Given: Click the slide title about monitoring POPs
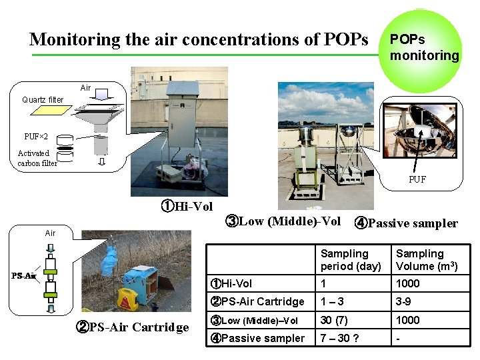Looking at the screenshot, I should (198, 39).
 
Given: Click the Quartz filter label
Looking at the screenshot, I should (43, 100).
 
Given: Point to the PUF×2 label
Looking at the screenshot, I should (36, 137).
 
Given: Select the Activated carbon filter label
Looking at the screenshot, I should (37, 158).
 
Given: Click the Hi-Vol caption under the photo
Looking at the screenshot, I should (186, 207).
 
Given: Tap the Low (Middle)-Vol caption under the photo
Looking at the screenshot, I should (283, 221).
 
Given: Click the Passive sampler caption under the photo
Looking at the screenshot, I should (406, 223).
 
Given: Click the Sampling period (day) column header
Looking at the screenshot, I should (351, 259).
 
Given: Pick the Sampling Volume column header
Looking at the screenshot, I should (426, 259).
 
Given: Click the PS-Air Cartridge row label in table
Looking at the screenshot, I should (257, 301).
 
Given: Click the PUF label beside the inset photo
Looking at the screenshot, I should (417, 179).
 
